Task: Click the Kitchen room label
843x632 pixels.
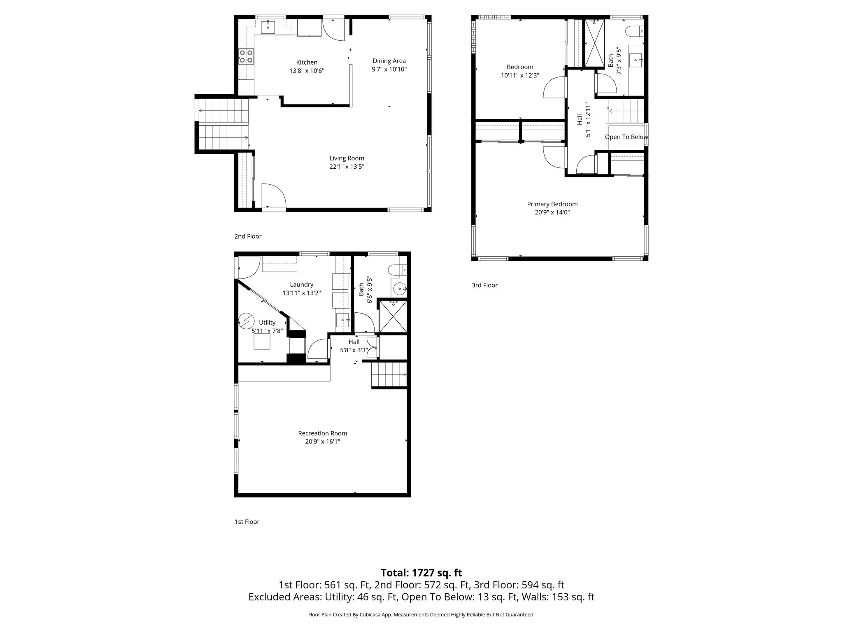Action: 307,63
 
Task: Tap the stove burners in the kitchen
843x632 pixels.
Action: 246,56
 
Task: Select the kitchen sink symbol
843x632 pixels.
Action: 268,27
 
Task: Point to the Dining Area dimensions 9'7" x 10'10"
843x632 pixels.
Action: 389,70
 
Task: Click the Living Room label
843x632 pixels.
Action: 347,158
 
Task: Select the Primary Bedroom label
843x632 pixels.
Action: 552,204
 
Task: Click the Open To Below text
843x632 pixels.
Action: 626,137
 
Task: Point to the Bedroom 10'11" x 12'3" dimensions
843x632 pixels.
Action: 520,76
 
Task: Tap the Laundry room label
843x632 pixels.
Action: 301,284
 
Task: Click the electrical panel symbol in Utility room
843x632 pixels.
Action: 246,320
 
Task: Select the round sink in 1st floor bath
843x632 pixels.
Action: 399,289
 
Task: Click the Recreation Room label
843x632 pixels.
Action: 322,433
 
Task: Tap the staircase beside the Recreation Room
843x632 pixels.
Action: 389,374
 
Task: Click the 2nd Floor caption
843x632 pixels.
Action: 248,236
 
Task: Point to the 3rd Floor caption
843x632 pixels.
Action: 484,285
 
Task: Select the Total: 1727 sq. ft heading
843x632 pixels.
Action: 421,573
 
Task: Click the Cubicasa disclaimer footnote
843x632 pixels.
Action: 421,615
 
